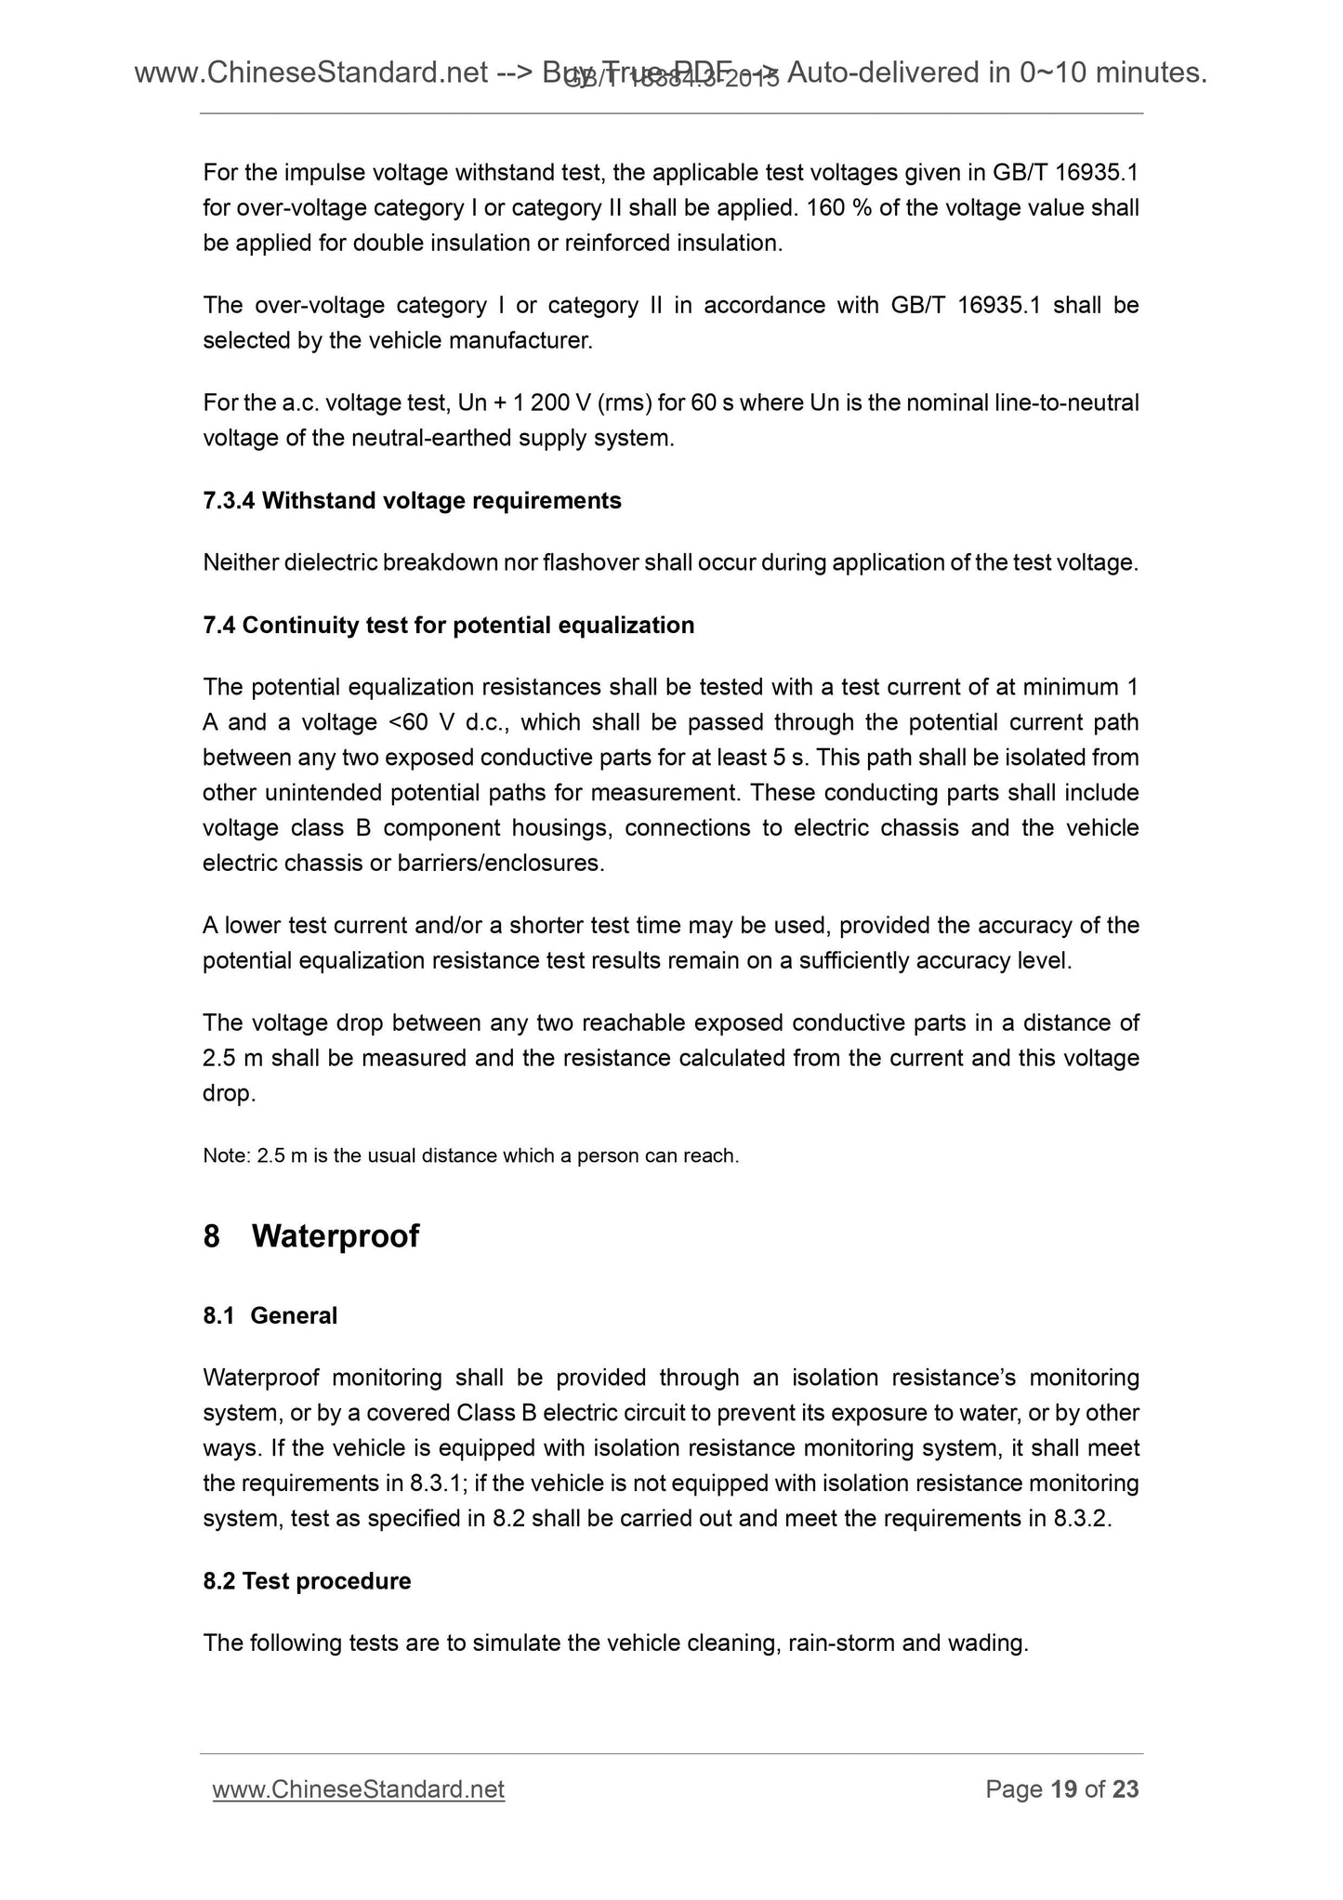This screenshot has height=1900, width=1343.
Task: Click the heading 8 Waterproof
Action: coord(311,1236)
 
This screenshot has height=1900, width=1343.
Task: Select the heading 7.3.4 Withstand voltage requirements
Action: coord(412,501)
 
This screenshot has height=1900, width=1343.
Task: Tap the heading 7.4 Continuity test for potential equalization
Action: coord(448,625)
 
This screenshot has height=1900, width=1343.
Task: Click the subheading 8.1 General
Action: coord(270,1315)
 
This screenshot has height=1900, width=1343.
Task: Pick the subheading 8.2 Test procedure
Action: coord(307,1581)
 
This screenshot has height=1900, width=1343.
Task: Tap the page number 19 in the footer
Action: coord(1064,1789)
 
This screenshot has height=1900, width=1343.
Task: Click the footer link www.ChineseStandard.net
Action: coord(358,1789)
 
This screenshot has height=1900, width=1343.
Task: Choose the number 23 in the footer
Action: coord(1126,1789)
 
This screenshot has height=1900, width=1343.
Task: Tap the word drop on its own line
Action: coord(228,1094)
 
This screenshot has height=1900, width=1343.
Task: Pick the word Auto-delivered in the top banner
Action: coord(882,73)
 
